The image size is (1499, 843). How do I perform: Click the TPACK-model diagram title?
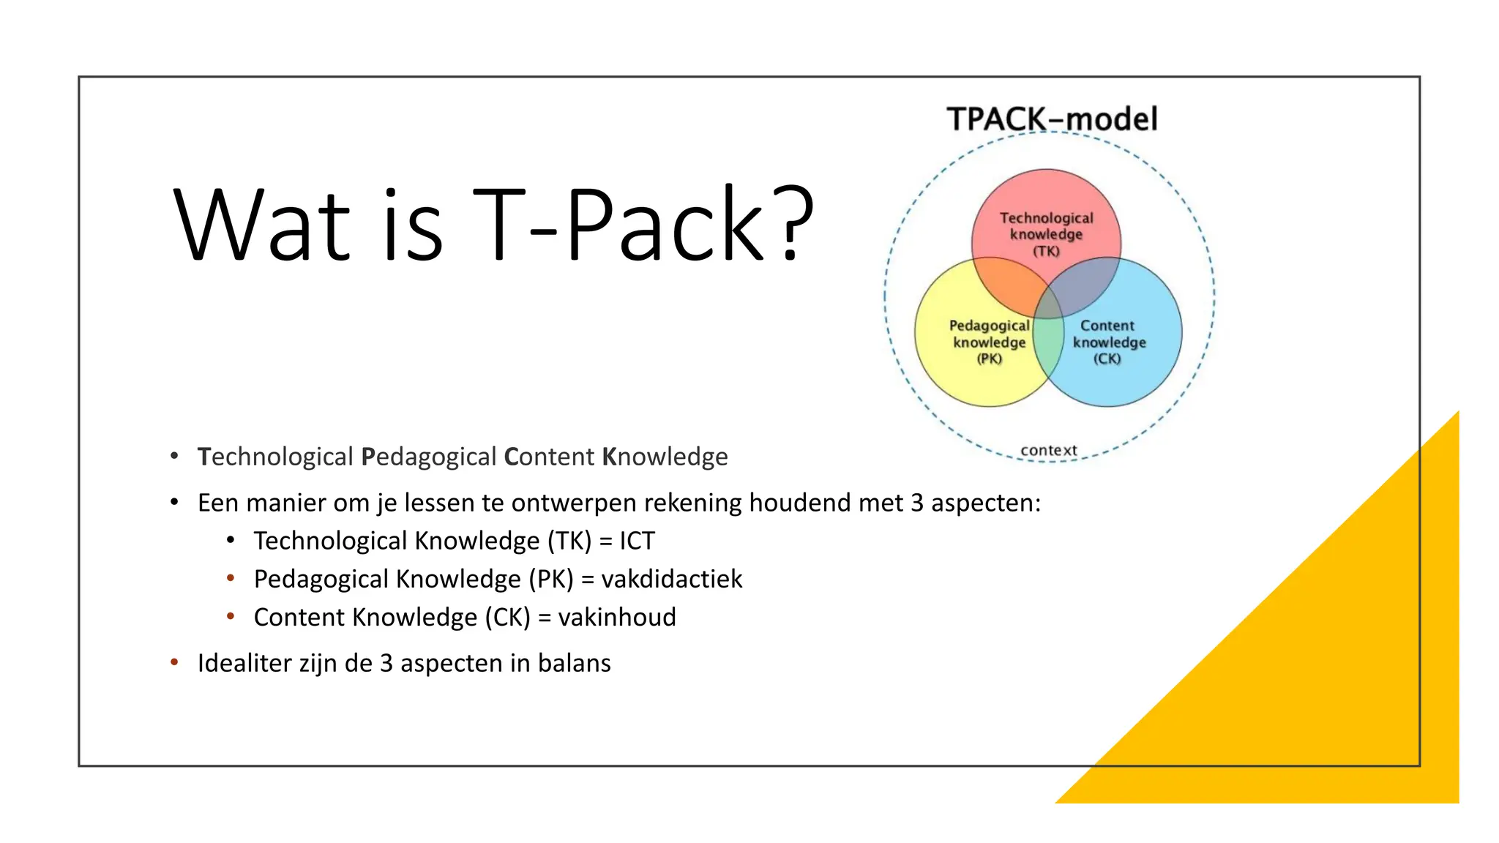click(x=1052, y=119)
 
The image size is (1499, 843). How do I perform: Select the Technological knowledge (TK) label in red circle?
click(x=1046, y=234)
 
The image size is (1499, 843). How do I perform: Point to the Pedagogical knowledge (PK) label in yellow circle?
click(x=989, y=342)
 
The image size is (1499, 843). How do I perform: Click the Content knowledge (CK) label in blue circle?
click(x=1108, y=342)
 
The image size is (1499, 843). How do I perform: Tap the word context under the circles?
click(x=1048, y=450)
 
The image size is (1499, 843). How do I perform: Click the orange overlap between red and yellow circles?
click(x=1006, y=285)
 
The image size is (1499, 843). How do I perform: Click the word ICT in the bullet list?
click(x=637, y=541)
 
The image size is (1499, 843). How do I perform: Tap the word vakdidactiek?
click(x=671, y=579)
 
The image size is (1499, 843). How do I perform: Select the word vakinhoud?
click(x=616, y=617)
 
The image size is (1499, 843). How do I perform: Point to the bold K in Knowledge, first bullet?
click(x=609, y=457)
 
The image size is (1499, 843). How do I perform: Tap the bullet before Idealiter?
click(x=174, y=662)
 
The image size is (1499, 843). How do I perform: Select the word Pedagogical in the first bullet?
click(x=429, y=457)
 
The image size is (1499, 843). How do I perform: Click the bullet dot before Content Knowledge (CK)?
click(x=231, y=616)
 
